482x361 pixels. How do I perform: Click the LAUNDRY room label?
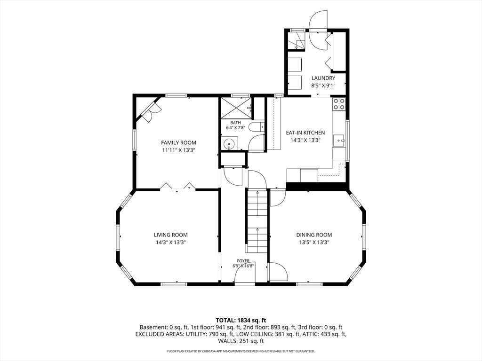(x=323, y=78)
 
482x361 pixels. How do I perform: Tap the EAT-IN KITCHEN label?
(x=305, y=133)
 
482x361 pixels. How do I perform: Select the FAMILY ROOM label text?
(x=178, y=143)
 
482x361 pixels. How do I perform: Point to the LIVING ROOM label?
(x=170, y=235)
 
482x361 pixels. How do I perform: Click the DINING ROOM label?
(x=314, y=235)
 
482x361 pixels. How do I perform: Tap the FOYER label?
(x=243, y=261)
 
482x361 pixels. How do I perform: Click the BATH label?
(x=235, y=123)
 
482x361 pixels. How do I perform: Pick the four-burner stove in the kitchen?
(x=339, y=104)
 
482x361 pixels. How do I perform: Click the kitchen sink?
(x=339, y=141)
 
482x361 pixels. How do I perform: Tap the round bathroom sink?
(x=229, y=143)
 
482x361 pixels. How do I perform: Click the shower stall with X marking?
(x=236, y=108)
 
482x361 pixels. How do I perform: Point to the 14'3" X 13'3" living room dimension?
(x=170, y=242)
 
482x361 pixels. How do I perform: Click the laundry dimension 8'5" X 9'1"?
(x=323, y=86)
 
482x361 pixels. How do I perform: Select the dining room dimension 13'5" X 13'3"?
(x=314, y=242)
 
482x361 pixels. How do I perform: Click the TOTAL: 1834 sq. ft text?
(x=241, y=321)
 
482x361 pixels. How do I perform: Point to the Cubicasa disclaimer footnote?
(x=241, y=351)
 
